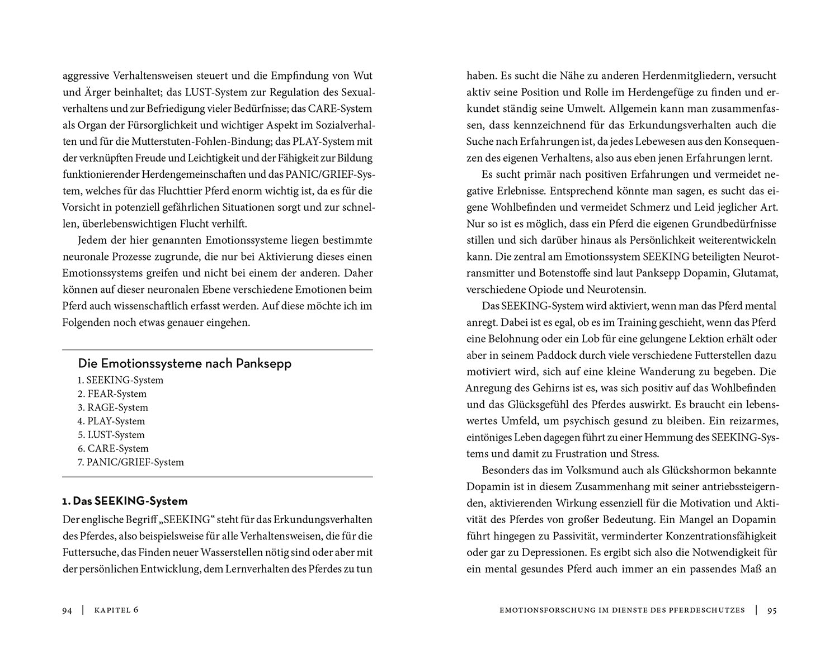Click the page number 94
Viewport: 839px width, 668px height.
[x=67, y=610]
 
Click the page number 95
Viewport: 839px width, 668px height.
[x=772, y=610]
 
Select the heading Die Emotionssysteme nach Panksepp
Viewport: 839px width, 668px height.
[x=185, y=364]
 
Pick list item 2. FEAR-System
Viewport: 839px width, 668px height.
[x=112, y=394]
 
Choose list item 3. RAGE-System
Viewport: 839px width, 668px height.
[x=113, y=408]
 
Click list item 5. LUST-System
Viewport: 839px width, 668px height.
[x=111, y=435]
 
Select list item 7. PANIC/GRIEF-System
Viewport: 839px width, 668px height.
[x=131, y=462]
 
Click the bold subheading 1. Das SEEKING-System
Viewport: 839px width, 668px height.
[x=125, y=501]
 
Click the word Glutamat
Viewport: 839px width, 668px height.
[x=757, y=273]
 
